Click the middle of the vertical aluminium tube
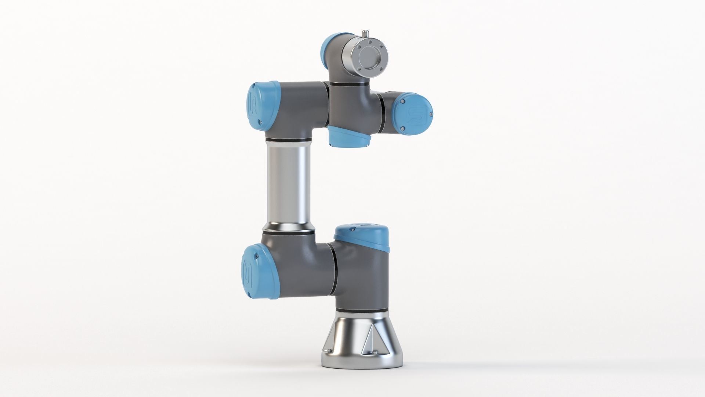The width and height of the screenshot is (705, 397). (x=288, y=186)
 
